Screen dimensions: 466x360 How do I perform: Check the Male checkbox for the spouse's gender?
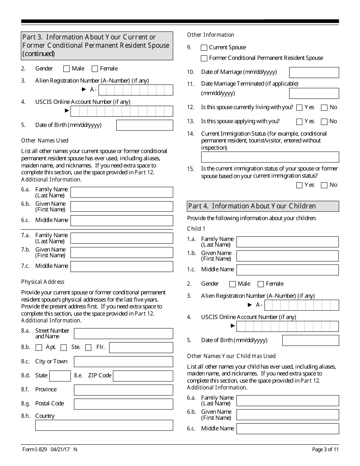pos(67,69)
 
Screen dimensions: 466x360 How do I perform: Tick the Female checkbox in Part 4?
pos(261,284)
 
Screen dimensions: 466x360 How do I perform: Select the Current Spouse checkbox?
pos(204,48)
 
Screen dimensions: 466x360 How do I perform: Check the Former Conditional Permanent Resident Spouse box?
pos(204,58)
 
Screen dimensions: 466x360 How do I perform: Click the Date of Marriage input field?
pos(314,72)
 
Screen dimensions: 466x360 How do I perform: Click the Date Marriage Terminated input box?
pos(314,93)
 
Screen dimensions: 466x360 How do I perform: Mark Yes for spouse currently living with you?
pos(299,108)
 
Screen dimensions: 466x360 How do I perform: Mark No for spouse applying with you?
pos(324,122)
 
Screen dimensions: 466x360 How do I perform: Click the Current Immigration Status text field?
pos(270,157)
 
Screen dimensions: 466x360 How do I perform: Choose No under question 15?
pos(324,185)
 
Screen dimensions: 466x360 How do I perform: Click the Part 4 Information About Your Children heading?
pos(263,206)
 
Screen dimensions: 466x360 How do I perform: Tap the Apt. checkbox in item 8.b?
pos(39,348)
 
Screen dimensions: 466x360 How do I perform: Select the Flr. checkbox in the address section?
pos(88,348)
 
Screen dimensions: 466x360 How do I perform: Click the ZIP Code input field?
pos(143,376)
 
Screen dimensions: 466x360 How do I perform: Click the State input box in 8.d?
pos(60,376)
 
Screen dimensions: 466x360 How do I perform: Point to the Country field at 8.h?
pos(104,425)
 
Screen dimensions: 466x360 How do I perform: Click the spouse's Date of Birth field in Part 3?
pos(144,125)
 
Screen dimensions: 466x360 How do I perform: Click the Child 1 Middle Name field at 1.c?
pos(287,270)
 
